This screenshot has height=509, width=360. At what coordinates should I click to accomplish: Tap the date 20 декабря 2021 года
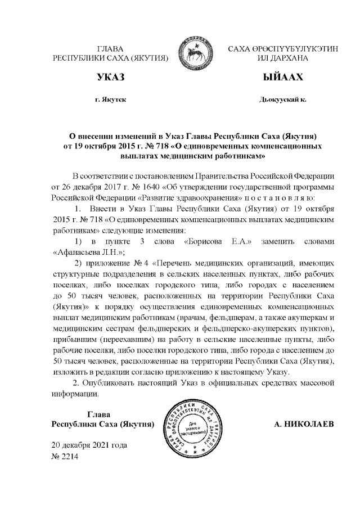89,445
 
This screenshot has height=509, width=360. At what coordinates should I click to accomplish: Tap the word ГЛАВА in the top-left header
110,49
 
